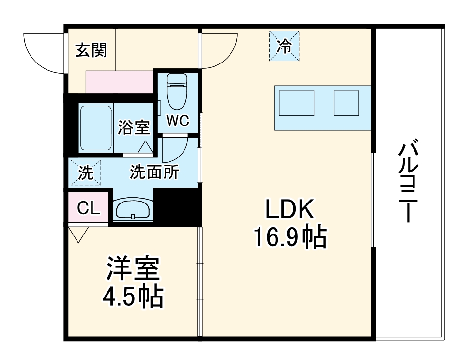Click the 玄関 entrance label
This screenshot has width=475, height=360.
pos(91,49)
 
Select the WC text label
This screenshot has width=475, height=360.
pos(178,121)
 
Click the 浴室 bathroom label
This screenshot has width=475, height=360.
pos(134,127)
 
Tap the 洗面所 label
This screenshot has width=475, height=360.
pos(154,172)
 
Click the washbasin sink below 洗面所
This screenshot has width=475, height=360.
pos(132,209)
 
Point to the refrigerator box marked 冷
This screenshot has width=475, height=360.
pos(285,46)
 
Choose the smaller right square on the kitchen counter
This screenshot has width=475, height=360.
pos(346,103)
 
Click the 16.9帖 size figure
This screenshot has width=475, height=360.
pos(290,237)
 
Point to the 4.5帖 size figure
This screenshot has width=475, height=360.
pos(133,297)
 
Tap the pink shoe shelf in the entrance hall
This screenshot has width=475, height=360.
pos(119,81)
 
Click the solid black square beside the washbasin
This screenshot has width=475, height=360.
pos(177,207)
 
